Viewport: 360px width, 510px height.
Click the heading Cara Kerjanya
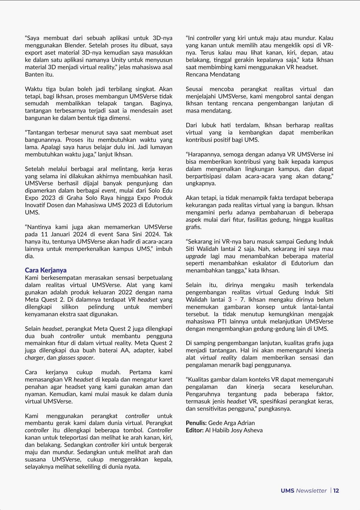(46, 270)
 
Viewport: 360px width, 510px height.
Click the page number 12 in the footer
(336, 491)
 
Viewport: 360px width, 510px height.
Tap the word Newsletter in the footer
(311, 491)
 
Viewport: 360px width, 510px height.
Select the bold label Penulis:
(196, 423)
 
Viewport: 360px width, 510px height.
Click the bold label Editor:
(195, 430)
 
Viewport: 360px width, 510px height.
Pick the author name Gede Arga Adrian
(231, 423)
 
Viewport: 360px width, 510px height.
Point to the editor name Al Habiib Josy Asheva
(234, 430)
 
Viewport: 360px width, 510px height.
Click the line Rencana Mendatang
(213, 75)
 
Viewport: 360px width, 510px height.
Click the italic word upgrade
(196, 256)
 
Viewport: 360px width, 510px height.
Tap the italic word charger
(34, 358)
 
